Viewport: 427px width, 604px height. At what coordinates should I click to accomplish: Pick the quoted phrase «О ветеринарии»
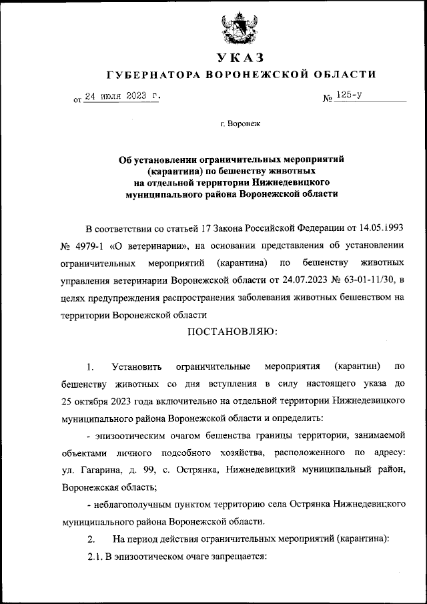(150, 244)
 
